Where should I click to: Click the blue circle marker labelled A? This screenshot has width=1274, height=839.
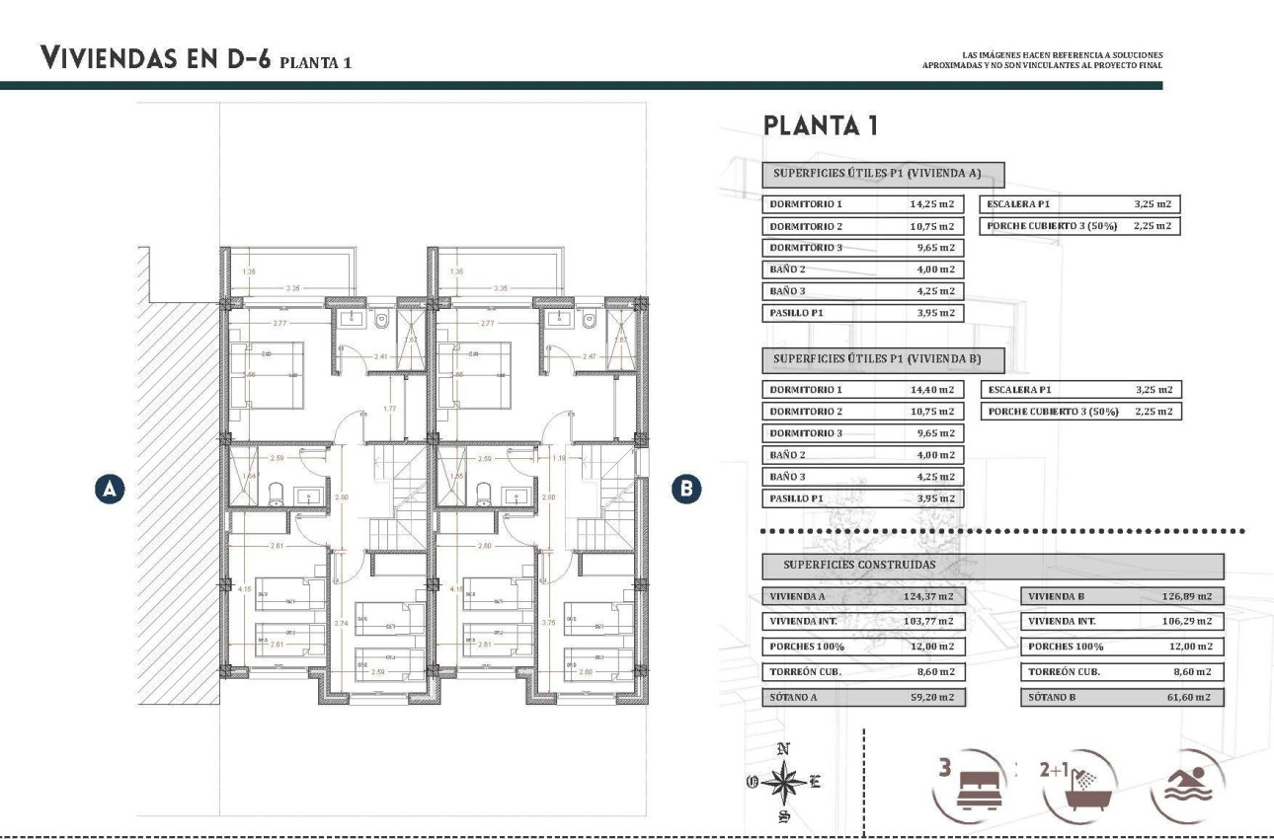pos(111,488)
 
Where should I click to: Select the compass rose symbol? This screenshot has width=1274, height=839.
pos(784,782)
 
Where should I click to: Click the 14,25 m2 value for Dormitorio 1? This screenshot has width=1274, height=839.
pos(931,204)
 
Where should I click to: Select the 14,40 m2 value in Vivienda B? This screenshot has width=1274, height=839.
pos(931,390)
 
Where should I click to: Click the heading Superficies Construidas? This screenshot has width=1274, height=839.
pos(859,566)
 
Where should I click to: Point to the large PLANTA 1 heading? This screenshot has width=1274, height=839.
pos(820,126)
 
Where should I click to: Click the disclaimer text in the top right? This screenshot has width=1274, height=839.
pos(1042,60)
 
